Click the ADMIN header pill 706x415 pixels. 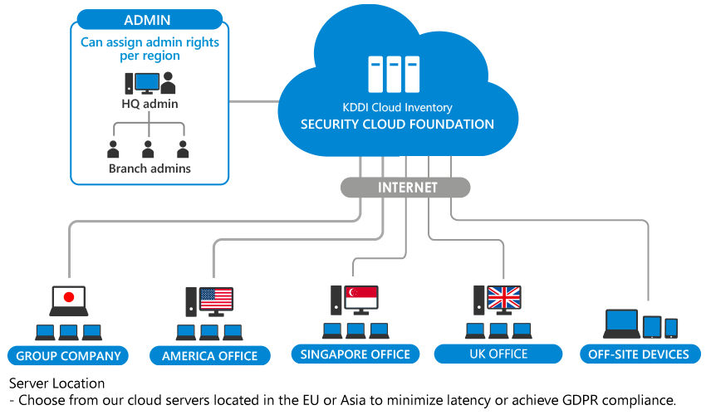(x=150, y=20)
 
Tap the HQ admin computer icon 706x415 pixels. (x=142, y=83)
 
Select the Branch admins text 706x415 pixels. (x=150, y=168)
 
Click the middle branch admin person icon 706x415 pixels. (x=148, y=149)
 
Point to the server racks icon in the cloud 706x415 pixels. (x=394, y=74)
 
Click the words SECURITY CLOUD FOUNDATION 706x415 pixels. (x=397, y=124)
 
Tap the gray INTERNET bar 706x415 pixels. (x=405, y=188)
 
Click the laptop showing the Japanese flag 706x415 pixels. (x=69, y=300)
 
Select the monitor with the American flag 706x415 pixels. (x=216, y=300)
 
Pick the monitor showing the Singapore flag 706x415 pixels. (x=361, y=300)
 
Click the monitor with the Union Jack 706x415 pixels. (x=504, y=300)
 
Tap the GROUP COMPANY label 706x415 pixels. (x=68, y=356)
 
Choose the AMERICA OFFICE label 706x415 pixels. (x=210, y=356)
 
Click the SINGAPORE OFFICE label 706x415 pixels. (x=355, y=354)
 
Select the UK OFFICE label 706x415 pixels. (x=498, y=354)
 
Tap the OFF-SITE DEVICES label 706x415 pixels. (x=639, y=354)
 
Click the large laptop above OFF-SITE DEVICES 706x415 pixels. (x=622, y=324)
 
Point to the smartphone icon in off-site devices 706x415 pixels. (x=671, y=328)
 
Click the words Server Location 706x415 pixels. (x=56, y=383)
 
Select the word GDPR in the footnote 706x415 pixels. (x=581, y=400)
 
